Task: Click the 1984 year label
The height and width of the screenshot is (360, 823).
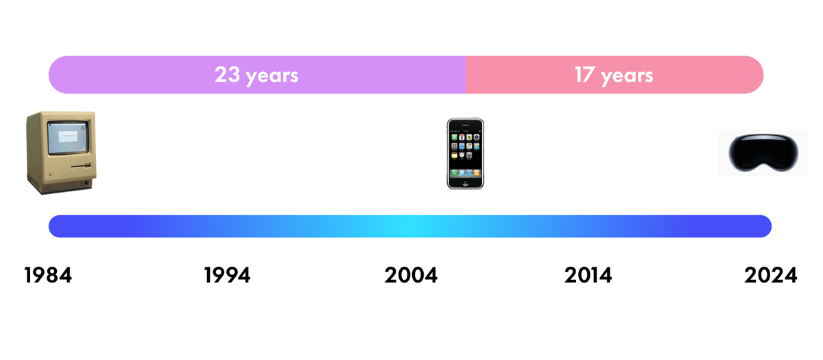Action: point(48,276)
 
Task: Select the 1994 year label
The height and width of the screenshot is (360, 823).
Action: point(228,276)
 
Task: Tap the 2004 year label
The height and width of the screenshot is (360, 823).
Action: point(411,276)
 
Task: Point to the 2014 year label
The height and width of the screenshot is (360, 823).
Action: point(588,276)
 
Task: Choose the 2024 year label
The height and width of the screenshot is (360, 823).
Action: point(771,276)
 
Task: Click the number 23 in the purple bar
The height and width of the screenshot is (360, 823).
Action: point(226,74)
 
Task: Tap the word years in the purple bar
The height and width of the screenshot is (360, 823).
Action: point(272,75)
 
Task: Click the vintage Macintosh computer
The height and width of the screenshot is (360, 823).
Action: point(60,152)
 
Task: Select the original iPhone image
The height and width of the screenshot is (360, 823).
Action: point(466,154)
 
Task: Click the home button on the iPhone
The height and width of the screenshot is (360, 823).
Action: point(466,182)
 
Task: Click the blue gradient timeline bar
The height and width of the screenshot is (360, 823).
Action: point(410,226)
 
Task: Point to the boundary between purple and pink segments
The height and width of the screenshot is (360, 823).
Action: point(466,74)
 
